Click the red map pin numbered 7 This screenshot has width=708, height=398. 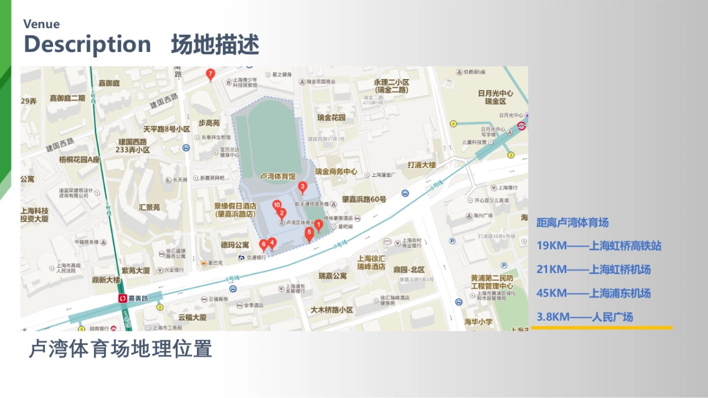pyautogui.click(x=210, y=74)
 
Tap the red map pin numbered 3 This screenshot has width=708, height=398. pyautogui.click(x=303, y=188)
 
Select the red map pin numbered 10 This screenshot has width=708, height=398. pyautogui.click(x=277, y=205)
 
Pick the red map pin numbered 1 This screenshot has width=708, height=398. pyautogui.click(x=318, y=224)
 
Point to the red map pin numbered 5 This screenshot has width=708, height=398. pyautogui.click(x=309, y=233)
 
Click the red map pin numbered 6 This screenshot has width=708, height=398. pyautogui.click(x=263, y=244)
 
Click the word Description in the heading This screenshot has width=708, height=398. pyautogui.click(x=87, y=44)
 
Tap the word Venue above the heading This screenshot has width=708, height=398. pyautogui.click(x=41, y=24)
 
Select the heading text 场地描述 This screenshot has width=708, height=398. pyautogui.click(x=215, y=45)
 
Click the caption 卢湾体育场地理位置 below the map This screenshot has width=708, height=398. pyautogui.click(x=120, y=348)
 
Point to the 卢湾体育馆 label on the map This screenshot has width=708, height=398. pyautogui.click(x=277, y=176)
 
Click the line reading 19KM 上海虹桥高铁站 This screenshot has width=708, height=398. pyautogui.click(x=598, y=246)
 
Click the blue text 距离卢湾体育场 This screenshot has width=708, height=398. pyautogui.click(x=572, y=222)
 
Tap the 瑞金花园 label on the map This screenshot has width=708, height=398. pyautogui.click(x=331, y=117)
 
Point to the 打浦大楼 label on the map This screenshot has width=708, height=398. pyautogui.click(x=421, y=165)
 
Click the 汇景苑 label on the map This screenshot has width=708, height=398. pyautogui.click(x=149, y=207)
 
